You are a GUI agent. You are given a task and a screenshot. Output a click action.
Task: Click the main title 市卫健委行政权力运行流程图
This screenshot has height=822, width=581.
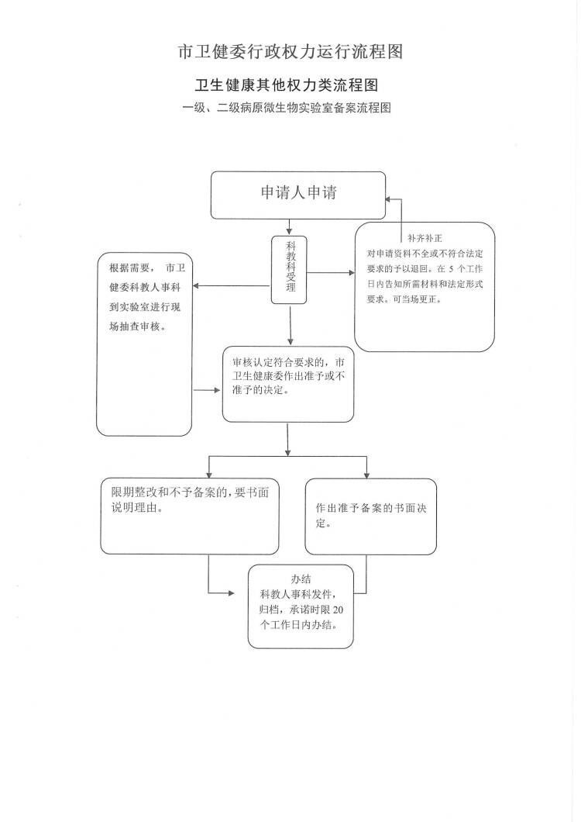[290, 52]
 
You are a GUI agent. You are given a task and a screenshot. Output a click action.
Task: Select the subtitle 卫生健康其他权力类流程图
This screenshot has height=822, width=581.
[287, 85]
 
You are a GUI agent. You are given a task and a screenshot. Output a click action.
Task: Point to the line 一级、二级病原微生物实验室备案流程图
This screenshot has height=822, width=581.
[287, 108]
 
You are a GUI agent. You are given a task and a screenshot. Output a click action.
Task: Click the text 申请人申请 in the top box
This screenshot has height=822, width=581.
[298, 192]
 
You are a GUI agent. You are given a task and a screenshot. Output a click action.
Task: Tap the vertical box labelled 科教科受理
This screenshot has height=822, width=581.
[289, 270]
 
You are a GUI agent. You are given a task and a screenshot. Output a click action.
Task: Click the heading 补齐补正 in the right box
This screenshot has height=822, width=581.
[425, 238]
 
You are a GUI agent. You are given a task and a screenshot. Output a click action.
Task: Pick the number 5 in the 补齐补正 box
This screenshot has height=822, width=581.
[451, 269]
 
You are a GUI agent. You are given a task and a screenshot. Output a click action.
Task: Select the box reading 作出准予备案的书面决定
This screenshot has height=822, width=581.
[371, 516]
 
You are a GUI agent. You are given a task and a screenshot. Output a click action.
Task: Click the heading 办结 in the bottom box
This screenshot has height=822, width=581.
[301, 579]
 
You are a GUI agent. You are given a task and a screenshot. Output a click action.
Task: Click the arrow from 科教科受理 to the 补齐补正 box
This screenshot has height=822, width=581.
[331, 273]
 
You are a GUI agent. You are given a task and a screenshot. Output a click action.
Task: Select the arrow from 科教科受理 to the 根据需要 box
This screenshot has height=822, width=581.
[232, 286]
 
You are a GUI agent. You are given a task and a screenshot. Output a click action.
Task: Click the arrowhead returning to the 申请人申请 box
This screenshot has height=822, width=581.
[388, 199]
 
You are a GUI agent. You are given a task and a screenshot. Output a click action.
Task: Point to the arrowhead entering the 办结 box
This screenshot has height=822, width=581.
[231, 593]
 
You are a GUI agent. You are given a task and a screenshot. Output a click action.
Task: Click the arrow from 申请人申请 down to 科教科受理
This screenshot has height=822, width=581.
[289, 227]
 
